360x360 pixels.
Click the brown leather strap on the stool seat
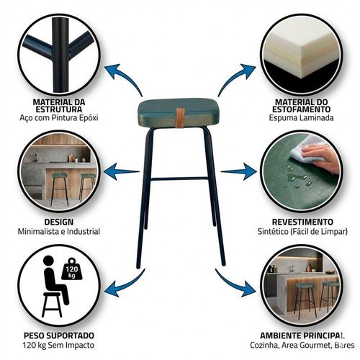coord(180,117)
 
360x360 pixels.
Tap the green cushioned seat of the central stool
coord(177,112)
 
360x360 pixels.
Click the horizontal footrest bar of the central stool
coord(179,179)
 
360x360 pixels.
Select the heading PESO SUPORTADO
coord(59,336)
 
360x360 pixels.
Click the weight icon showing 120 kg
coord(72,269)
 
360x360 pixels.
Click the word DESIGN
coord(59,222)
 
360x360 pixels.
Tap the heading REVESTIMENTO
coord(302,222)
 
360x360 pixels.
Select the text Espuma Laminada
coord(301,118)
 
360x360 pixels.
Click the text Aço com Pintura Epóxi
coord(59,118)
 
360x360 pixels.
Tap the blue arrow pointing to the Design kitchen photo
coord(121,171)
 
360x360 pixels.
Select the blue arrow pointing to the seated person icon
coord(125,283)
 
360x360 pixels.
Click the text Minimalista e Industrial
coord(59,232)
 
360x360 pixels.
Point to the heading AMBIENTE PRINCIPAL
coord(302,336)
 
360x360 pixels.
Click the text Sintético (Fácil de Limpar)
coord(302,232)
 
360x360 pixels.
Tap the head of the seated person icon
coord(48,261)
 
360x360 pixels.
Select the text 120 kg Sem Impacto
coord(59,345)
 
